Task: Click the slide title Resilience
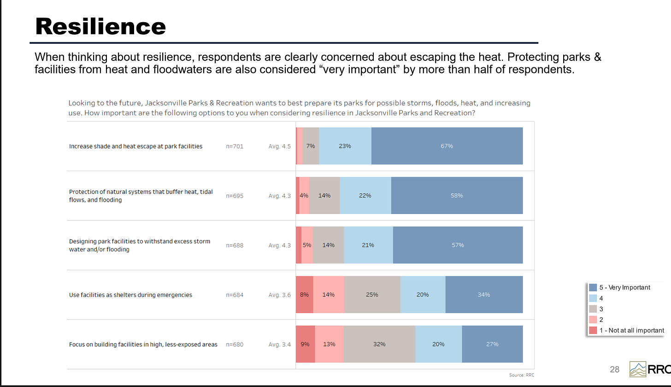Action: [x=100, y=27]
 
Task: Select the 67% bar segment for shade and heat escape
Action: [x=447, y=146]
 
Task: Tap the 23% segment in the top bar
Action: [x=345, y=146]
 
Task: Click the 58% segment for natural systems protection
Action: [x=457, y=196]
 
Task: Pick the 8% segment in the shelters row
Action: [x=304, y=295]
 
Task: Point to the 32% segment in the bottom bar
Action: [x=379, y=344]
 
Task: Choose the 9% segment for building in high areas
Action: [x=305, y=344]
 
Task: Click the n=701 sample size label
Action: [x=235, y=146]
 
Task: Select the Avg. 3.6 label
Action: [x=279, y=295]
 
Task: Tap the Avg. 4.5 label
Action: [x=279, y=146]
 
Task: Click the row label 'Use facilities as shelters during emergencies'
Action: [x=130, y=295]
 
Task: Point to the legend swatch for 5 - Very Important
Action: [x=593, y=288]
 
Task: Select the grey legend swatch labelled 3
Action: [x=593, y=309]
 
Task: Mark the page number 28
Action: [x=614, y=369]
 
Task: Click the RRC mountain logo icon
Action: [x=638, y=369]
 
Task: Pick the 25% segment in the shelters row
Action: [x=372, y=295]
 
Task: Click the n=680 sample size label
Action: [x=235, y=344]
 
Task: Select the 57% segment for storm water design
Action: [x=458, y=245]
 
